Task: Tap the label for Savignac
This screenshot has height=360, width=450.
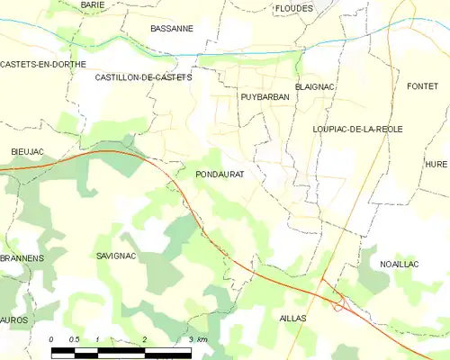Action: click(x=115, y=256)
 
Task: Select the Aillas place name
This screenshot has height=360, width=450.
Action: click(x=292, y=319)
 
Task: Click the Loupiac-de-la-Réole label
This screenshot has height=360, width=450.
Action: click(x=357, y=130)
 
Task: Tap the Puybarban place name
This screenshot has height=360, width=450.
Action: click(x=263, y=95)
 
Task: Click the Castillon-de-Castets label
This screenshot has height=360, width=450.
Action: click(x=144, y=78)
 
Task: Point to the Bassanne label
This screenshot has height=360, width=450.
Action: click(x=172, y=29)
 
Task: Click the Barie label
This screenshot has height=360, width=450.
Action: click(x=92, y=5)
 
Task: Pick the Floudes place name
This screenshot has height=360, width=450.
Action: click(x=294, y=8)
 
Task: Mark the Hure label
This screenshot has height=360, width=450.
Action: click(x=436, y=164)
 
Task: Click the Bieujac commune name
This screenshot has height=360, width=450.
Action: click(x=27, y=150)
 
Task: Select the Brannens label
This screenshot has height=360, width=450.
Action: click(x=22, y=257)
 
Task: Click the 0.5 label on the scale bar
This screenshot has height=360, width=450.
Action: click(x=75, y=339)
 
